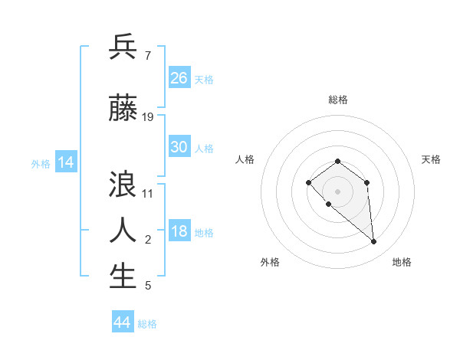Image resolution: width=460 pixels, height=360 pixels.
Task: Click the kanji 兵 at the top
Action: click(123, 48)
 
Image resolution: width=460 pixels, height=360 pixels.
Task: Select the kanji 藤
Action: click(123, 110)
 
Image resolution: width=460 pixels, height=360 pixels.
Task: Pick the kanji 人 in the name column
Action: click(123, 229)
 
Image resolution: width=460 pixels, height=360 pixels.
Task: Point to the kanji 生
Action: click(123, 277)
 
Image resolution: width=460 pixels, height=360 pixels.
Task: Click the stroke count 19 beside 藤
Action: click(148, 117)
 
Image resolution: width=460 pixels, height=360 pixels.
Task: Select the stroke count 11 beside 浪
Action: click(148, 193)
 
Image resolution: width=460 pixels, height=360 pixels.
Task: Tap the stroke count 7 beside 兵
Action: click(147, 56)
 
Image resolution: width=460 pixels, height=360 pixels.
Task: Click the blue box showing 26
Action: click(179, 78)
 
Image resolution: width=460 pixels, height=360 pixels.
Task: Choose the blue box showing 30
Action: click(179, 147)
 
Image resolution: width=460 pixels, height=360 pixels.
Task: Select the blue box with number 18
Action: click(179, 232)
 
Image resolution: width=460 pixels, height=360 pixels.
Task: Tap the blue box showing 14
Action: click(66, 162)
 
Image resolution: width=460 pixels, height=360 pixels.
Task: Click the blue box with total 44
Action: click(122, 322)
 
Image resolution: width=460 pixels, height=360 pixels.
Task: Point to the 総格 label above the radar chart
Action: click(338, 100)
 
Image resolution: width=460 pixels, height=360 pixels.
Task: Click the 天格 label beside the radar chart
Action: click(431, 159)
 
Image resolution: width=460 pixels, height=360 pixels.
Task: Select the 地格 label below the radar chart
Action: click(402, 262)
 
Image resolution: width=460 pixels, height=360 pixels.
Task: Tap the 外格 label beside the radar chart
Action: click(270, 262)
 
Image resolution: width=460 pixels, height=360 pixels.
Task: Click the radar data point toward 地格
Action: click(374, 241)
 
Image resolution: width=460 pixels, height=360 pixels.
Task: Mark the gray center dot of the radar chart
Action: click(337, 191)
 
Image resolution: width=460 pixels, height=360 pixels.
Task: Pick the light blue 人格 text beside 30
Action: click(204, 148)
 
